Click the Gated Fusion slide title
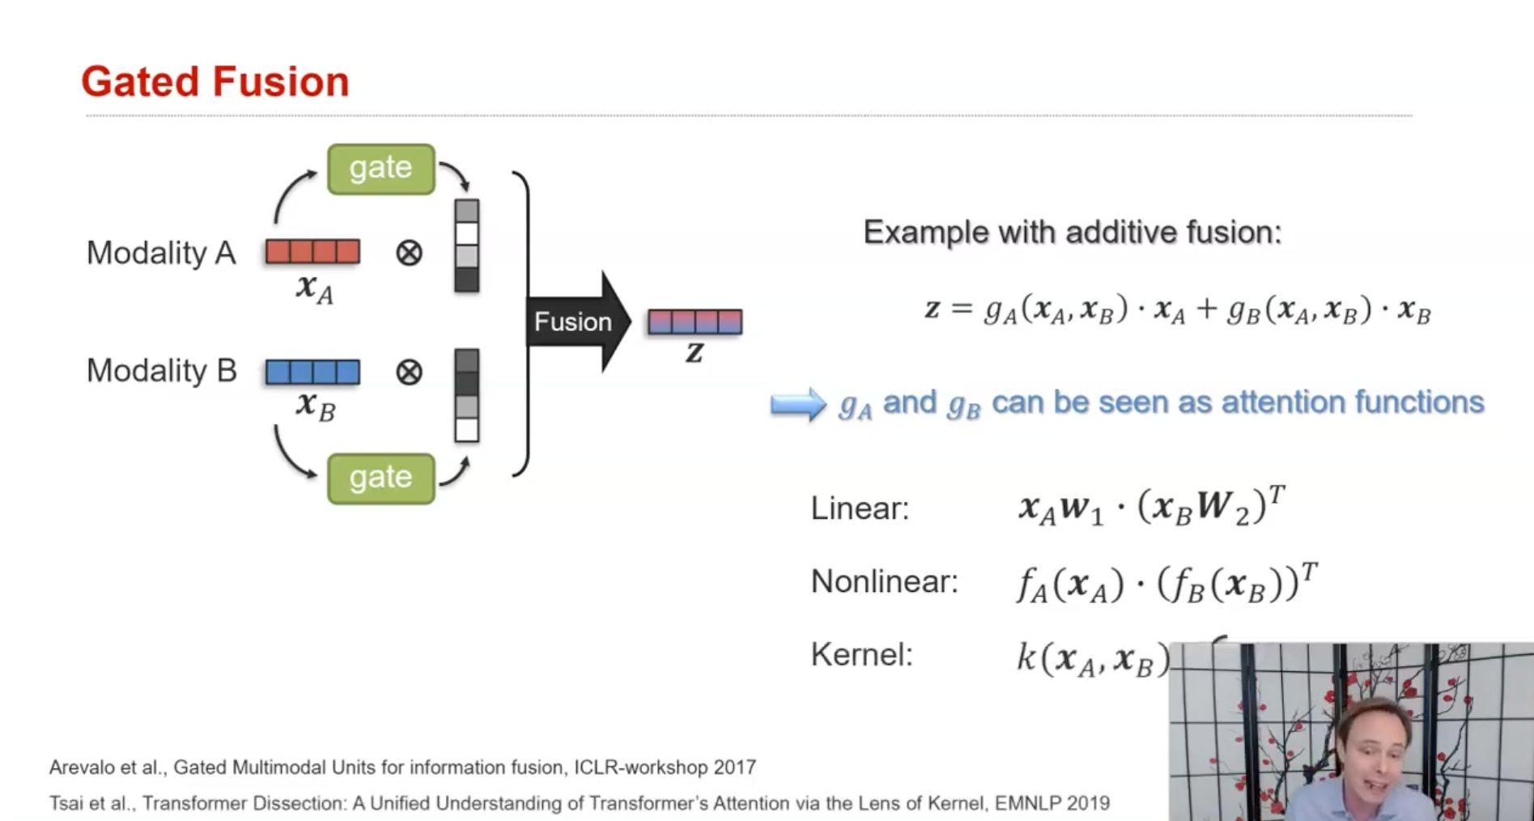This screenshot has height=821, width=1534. (215, 82)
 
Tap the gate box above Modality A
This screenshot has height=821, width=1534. (380, 168)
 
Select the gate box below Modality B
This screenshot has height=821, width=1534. (380, 479)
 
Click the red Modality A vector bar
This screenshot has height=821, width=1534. (312, 252)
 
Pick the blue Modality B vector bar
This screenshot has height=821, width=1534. (312, 372)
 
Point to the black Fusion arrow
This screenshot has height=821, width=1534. (577, 321)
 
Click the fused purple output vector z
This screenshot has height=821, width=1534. (695, 322)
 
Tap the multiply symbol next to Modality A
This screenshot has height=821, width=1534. (409, 253)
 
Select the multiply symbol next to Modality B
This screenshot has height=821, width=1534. (409, 372)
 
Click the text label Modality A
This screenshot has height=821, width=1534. (161, 253)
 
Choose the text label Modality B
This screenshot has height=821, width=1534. (161, 371)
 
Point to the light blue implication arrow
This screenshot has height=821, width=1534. (797, 404)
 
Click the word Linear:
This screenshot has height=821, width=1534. (860, 508)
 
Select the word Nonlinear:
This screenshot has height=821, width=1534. (884, 581)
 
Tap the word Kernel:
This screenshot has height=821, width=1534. (861, 654)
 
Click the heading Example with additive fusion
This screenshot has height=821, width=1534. (1073, 232)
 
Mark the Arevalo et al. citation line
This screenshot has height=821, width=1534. (402, 767)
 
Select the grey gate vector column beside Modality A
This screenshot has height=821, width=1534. (467, 245)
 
